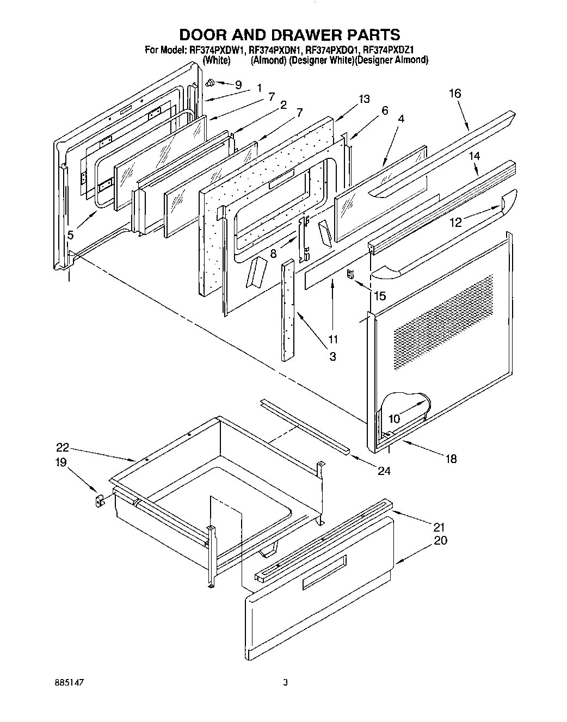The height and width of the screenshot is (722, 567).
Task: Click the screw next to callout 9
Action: (209, 83)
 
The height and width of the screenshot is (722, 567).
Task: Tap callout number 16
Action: (455, 94)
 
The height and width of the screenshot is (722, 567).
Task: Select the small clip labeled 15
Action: (352, 275)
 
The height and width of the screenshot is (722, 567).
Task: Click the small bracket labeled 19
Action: (100, 501)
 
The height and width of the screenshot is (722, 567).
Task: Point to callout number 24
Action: (384, 471)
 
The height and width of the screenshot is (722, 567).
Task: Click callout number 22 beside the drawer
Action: (63, 448)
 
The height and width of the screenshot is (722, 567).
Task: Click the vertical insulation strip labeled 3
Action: (288, 310)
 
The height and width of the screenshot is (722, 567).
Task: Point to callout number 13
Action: (364, 99)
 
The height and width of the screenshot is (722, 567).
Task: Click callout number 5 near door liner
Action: (71, 235)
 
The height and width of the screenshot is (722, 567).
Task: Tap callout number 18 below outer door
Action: (451, 459)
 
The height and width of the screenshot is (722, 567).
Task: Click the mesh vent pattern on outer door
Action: (443, 321)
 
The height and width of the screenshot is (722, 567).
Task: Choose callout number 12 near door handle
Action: (456, 222)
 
